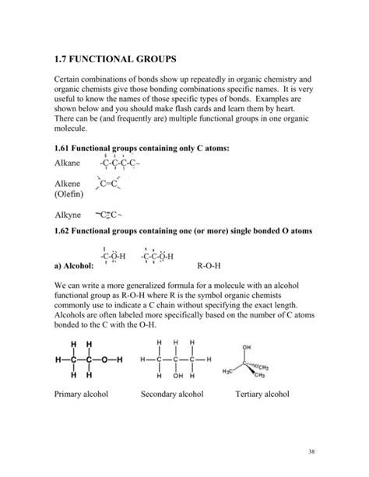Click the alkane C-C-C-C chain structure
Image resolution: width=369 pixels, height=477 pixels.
(x=118, y=163)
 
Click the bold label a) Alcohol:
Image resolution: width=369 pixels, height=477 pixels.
(x=79, y=265)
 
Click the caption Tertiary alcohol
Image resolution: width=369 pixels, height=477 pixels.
(x=262, y=394)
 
